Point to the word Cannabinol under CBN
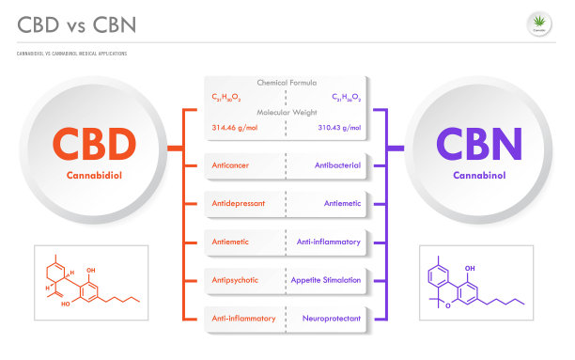click(x=478, y=176)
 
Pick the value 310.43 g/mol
click(x=339, y=127)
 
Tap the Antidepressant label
click(x=237, y=203)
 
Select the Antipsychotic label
click(x=234, y=280)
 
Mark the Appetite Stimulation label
click(x=328, y=280)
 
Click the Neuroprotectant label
click(x=332, y=319)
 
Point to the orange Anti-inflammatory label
click(x=243, y=319)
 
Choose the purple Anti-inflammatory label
click(x=329, y=242)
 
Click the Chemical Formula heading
click(x=287, y=82)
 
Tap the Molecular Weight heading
click(x=287, y=112)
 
